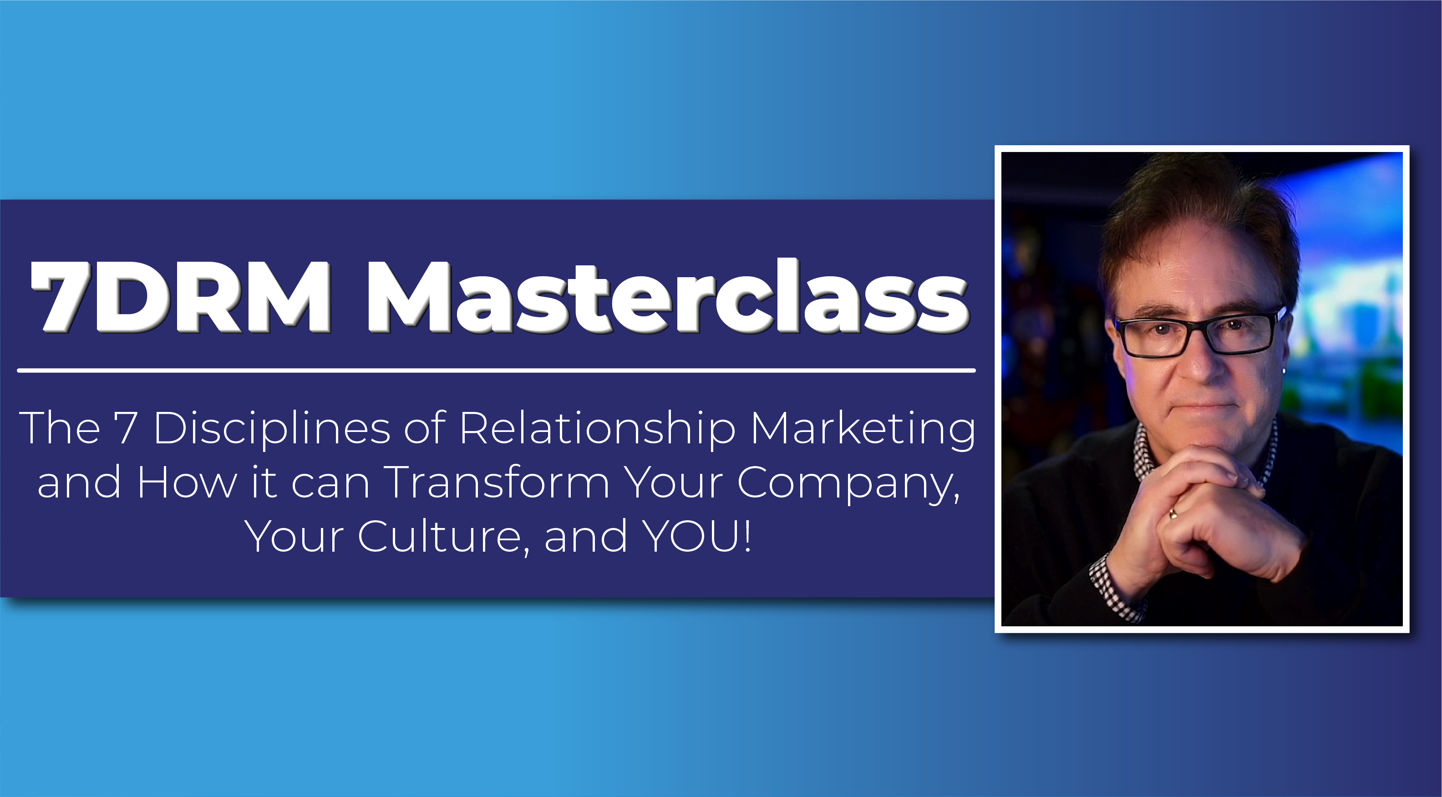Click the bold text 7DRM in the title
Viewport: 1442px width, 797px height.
(x=181, y=297)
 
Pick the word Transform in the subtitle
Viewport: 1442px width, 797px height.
(x=497, y=482)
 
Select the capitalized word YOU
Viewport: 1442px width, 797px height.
(x=691, y=536)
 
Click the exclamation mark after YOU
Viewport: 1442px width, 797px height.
(x=747, y=536)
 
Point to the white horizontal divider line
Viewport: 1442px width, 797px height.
(x=496, y=371)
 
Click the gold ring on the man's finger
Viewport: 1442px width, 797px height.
(x=1172, y=513)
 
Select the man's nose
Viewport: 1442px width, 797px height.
(x=1201, y=358)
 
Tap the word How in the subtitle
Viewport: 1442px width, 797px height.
(x=187, y=482)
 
